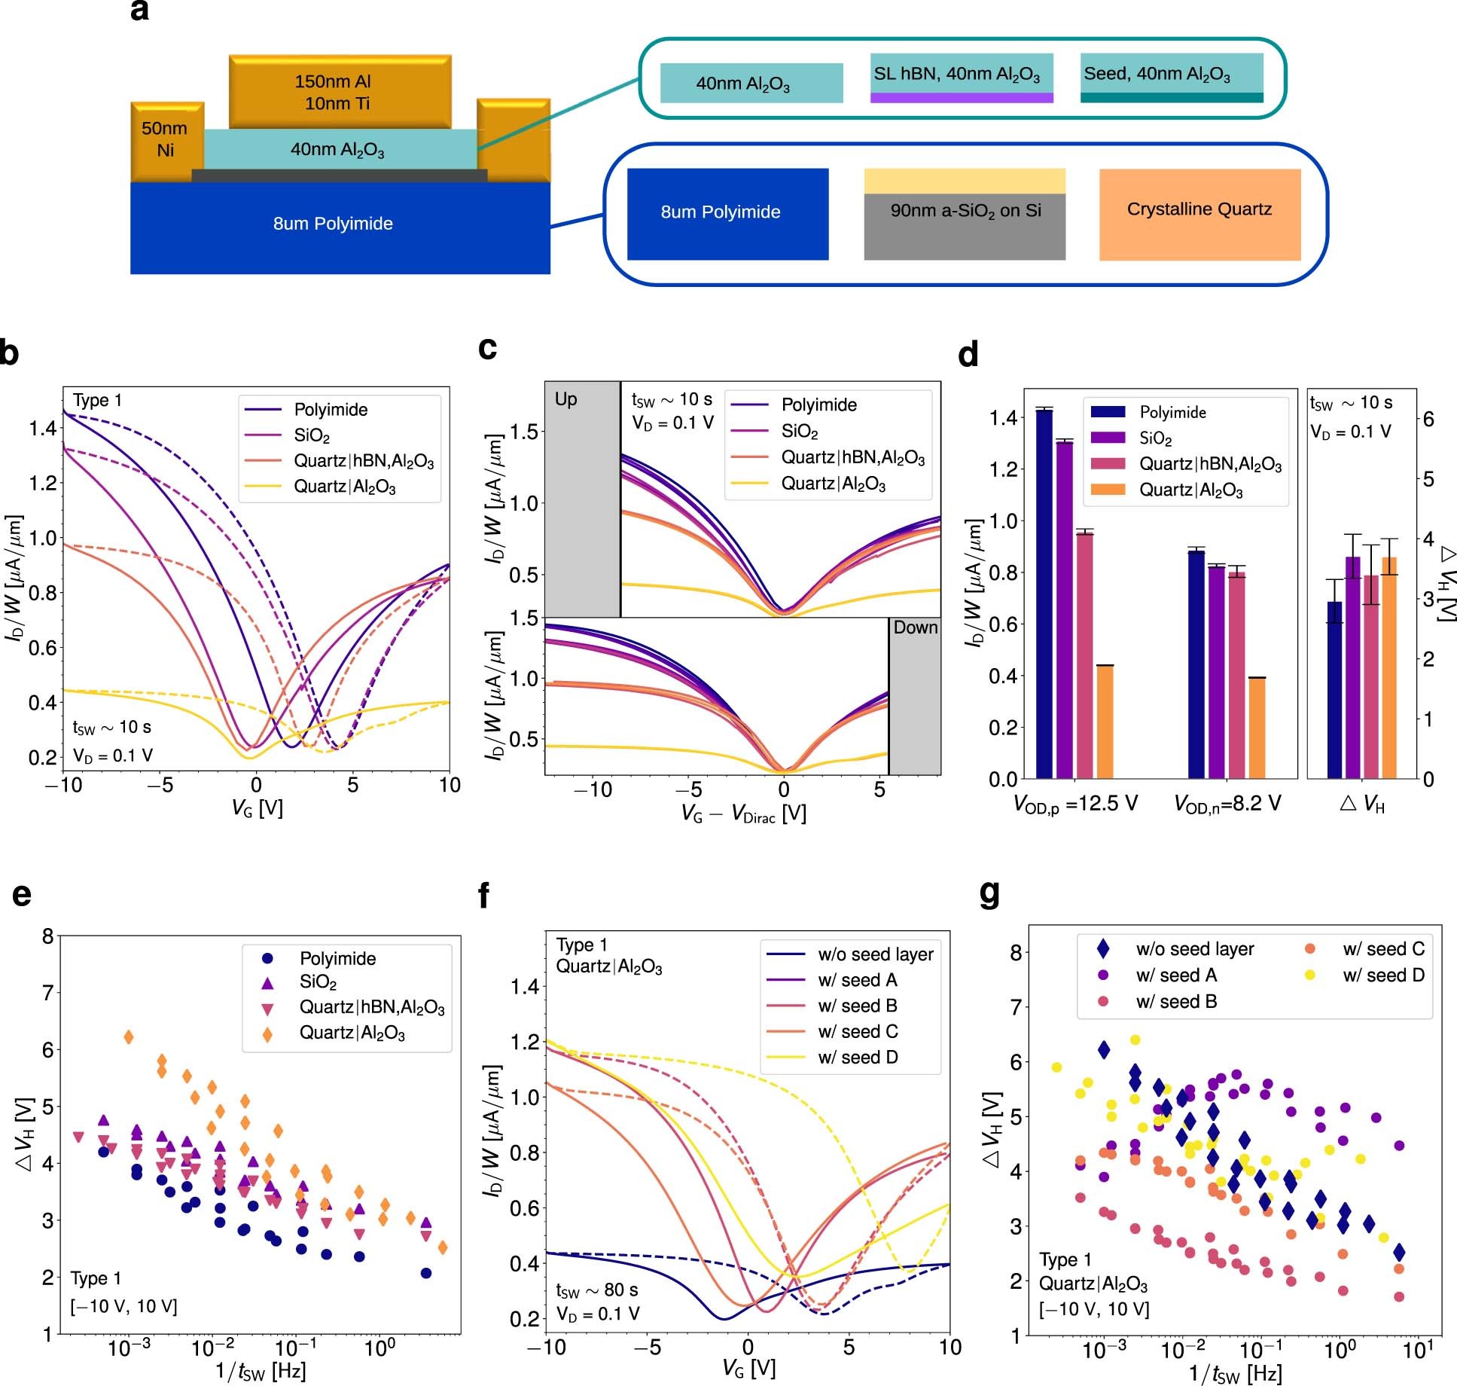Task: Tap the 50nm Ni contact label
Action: click(165, 139)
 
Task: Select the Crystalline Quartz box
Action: click(1199, 214)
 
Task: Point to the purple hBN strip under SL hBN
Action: click(962, 98)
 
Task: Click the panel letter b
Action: click(10, 352)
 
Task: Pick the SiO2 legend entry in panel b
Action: click(312, 435)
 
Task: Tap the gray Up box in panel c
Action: click(582, 497)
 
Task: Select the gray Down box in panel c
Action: click(914, 696)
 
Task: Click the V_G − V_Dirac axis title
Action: click(743, 814)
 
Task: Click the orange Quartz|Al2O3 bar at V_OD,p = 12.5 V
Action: click(1105, 721)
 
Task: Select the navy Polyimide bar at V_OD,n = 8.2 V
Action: click(1196, 664)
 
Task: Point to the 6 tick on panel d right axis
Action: click(1428, 419)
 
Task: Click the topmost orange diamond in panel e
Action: click(129, 1037)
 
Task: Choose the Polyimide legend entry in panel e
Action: click(337, 958)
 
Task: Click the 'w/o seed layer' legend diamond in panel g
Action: click(1104, 949)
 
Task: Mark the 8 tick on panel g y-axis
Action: click(1016, 952)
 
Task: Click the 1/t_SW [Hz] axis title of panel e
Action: click(261, 1371)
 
